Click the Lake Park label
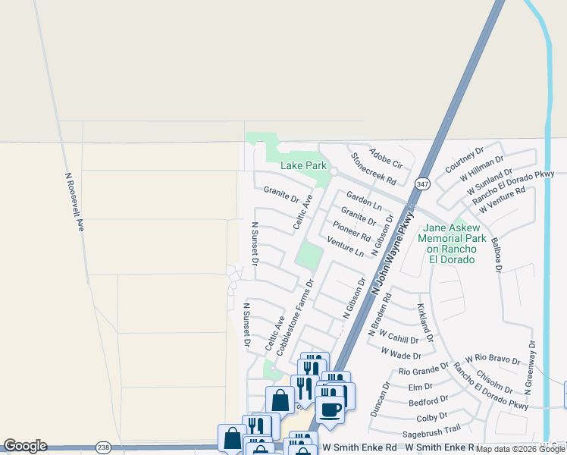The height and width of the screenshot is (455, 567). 303,165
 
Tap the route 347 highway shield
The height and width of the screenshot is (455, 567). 423,183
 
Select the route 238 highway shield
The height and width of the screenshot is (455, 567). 104,448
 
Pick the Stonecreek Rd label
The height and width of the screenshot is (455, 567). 374,169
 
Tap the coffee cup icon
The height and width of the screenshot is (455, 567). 330,409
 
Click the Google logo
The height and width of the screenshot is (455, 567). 24,446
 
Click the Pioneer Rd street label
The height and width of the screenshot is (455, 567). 351,231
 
